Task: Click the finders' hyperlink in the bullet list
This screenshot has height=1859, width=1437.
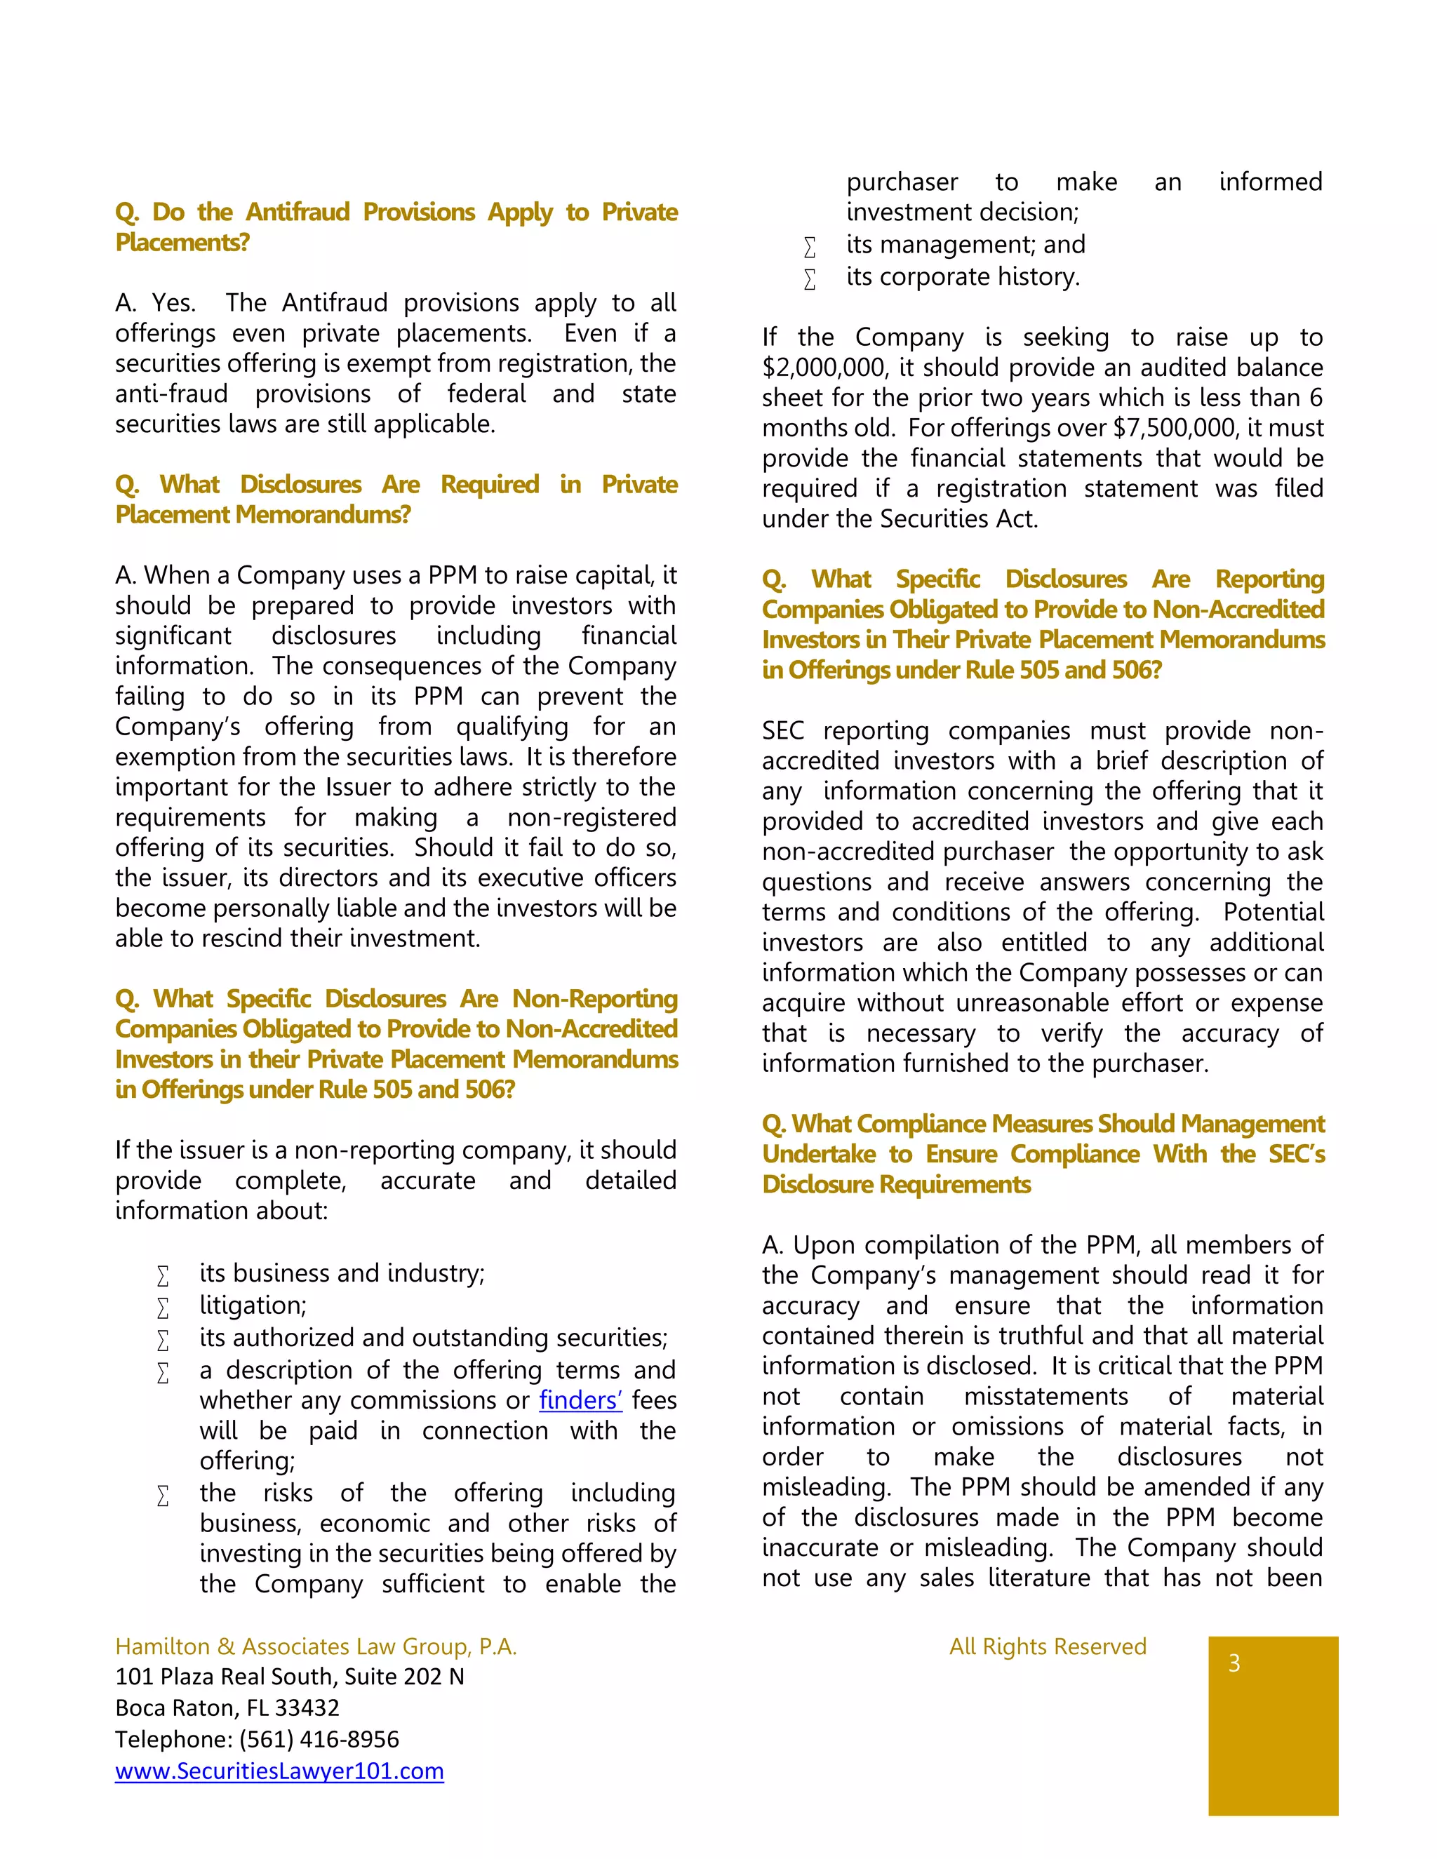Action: [580, 1400]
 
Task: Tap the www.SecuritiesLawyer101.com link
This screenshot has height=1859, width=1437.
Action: [279, 1771]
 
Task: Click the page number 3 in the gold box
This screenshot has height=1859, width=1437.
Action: [1234, 1663]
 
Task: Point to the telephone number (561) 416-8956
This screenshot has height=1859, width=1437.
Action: [319, 1740]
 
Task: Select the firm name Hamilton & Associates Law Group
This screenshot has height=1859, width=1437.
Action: [315, 1646]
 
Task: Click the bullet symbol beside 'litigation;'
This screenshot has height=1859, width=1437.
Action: [163, 1308]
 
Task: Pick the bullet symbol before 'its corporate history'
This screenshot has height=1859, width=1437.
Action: [810, 279]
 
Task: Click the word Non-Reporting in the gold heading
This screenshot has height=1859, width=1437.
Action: [594, 998]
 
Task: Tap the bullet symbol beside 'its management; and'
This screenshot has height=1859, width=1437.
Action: [810, 247]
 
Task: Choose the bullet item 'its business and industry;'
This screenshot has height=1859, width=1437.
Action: [342, 1273]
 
